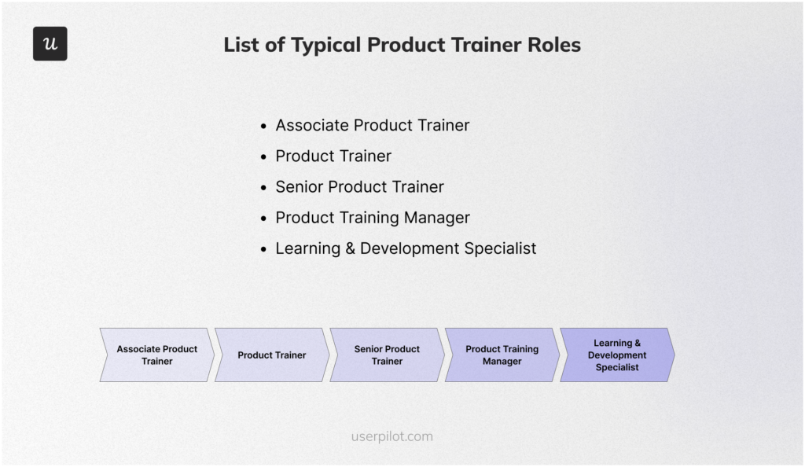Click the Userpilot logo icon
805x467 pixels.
pyautogui.click(x=50, y=44)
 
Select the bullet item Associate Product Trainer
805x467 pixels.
pyautogui.click(x=372, y=126)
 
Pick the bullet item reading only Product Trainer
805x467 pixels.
pyautogui.click(x=333, y=156)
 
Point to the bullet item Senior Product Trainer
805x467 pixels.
pyautogui.click(x=359, y=187)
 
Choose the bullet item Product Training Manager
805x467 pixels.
pyautogui.click(x=372, y=218)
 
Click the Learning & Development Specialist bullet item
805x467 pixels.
pyautogui.click(x=405, y=248)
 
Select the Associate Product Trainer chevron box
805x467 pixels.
pyautogui.click(x=157, y=355)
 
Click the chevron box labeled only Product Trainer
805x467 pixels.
pyautogui.click(x=272, y=355)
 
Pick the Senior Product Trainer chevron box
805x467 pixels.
pyautogui.click(x=387, y=355)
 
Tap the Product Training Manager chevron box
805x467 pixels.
pyautogui.click(x=502, y=355)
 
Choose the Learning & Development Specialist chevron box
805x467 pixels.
pyautogui.click(x=617, y=355)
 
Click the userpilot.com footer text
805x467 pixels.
pyautogui.click(x=391, y=436)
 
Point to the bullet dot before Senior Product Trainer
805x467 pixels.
pyautogui.click(x=264, y=188)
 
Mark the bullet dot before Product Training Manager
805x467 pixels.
pyautogui.click(x=264, y=219)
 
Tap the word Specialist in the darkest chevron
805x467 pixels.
pyautogui.click(x=617, y=368)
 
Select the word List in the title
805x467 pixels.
pyautogui.click(x=241, y=45)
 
